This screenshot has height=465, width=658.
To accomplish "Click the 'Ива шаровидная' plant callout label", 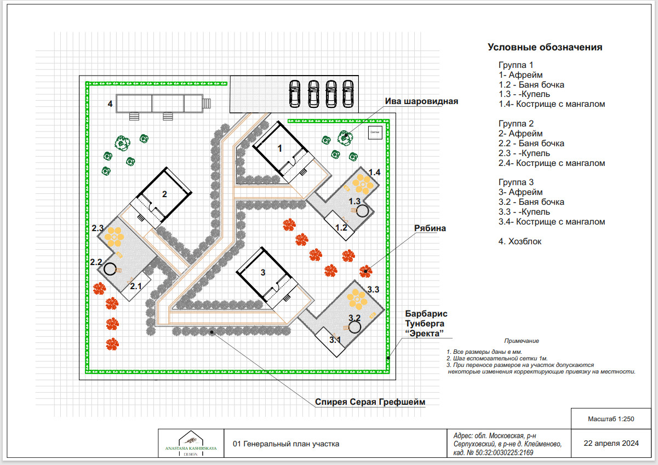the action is tap(421, 101).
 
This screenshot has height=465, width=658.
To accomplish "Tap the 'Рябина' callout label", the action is tap(430, 228).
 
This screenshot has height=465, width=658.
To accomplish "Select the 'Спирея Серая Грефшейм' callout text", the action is tap(370, 402).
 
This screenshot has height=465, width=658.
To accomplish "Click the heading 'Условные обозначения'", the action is tap(545, 47).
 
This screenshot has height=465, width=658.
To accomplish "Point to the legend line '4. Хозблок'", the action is tap(519, 242).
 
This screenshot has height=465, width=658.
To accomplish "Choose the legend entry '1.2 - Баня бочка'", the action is tap(531, 85).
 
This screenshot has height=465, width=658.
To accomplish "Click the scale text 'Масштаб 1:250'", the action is tap(611, 419).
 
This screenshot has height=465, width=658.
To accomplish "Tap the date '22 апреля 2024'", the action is tap(611, 443).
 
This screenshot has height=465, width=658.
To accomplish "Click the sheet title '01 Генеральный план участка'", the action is tap(286, 444).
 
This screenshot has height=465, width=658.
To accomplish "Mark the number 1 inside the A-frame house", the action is tap(279, 148).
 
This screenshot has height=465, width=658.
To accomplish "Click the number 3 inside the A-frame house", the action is tap(263, 273).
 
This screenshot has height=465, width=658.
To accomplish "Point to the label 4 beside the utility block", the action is tap(110, 104).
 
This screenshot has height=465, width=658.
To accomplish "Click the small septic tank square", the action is tap(375, 133).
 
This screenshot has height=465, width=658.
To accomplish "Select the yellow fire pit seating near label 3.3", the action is tap(357, 300).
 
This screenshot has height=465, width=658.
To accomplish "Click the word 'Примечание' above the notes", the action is tap(522, 341).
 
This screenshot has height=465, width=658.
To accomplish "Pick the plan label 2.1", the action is tap(136, 286).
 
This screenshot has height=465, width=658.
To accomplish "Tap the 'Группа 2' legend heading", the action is tap(516, 124).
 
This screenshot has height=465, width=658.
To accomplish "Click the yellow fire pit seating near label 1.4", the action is tap(363, 185).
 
